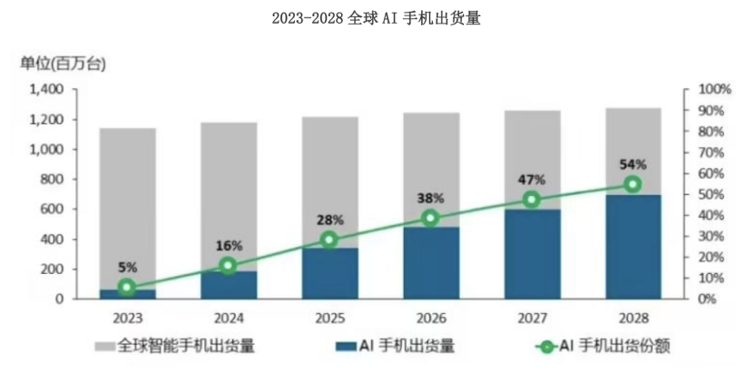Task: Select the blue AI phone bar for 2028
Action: tap(633, 246)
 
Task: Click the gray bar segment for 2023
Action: tap(127, 209)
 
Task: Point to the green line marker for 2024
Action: tap(228, 265)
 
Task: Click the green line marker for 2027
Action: tap(532, 200)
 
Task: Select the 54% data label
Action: tap(632, 164)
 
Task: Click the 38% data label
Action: tap(430, 198)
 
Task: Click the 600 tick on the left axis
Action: tap(54, 210)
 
